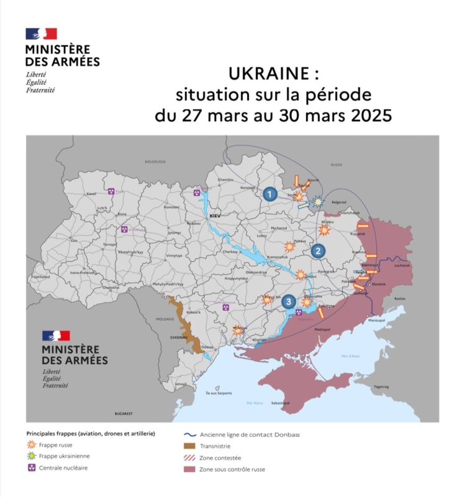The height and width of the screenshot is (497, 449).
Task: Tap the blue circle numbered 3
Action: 289,302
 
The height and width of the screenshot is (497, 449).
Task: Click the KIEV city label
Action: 215,215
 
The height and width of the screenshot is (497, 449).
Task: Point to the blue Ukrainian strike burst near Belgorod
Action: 317,201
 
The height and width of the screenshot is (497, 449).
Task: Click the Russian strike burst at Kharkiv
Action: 324,230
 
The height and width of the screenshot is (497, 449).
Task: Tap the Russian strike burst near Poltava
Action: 288,246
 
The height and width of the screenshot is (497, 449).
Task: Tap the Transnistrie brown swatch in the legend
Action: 189,446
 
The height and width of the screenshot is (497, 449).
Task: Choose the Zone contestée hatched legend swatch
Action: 189,458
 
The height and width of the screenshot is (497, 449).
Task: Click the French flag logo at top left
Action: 41,34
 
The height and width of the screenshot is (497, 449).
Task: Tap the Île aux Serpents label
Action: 209,393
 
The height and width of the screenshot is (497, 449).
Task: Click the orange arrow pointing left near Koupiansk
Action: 363,226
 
